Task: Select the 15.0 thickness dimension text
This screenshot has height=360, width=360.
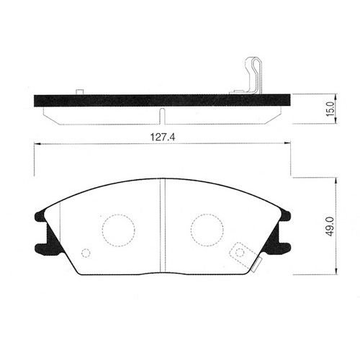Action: click(x=330, y=110)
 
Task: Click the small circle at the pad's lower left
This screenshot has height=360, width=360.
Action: click(x=86, y=253)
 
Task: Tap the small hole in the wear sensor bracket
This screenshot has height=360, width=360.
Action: click(x=239, y=252)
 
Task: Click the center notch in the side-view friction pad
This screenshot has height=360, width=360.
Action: click(x=163, y=114)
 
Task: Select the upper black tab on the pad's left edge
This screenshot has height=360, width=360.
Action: click(x=40, y=215)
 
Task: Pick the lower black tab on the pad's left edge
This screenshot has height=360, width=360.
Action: click(x=42, y=248)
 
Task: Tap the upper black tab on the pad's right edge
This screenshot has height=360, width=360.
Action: click(x=284, y=215)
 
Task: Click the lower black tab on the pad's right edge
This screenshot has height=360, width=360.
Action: click(x=284, y=247)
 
